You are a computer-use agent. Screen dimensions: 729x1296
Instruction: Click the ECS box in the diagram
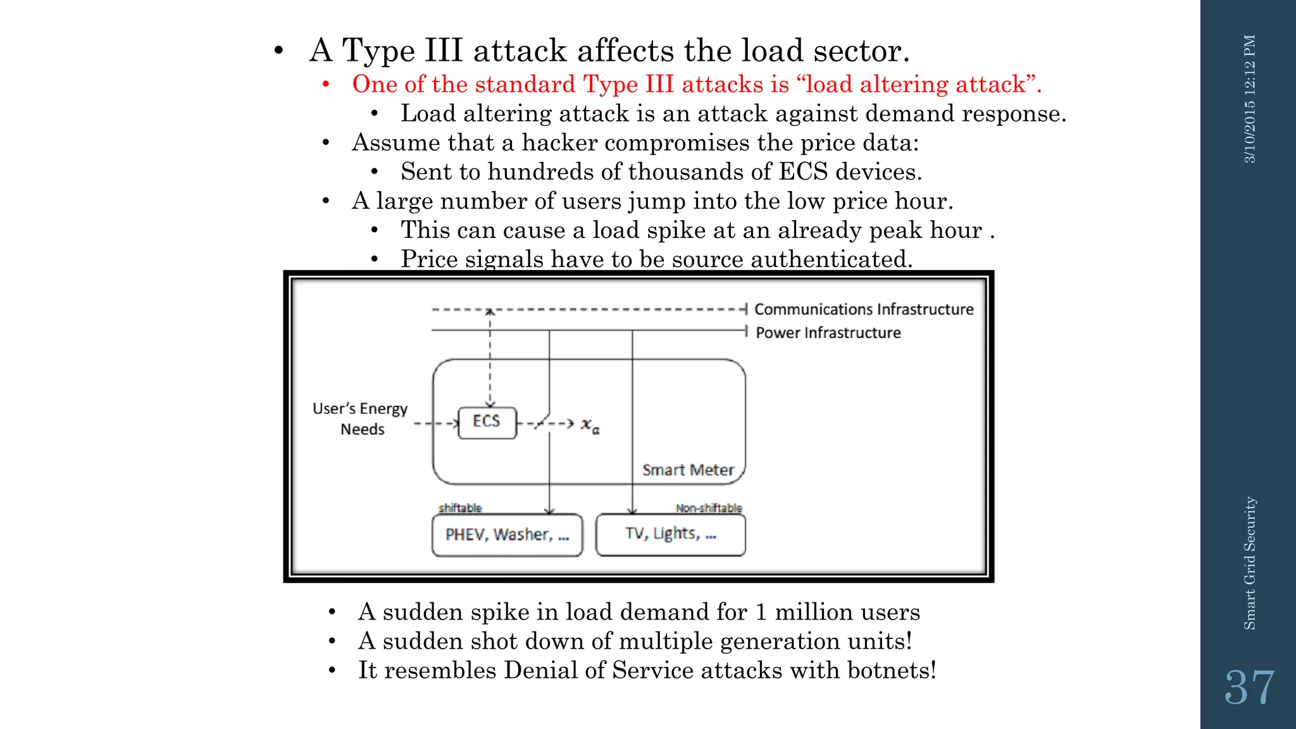point(487,422)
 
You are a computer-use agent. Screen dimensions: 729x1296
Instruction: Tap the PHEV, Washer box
point(507,535)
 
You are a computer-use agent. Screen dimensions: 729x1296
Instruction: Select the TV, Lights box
point(671,535)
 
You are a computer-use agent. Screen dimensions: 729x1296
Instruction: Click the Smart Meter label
point(688,470)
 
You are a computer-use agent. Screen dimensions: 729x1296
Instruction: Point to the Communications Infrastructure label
point(864,309)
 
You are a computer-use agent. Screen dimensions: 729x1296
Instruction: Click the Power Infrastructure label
point(828,333)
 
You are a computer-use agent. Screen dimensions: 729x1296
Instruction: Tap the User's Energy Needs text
point(361,419)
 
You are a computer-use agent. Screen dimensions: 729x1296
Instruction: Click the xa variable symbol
point(590,425)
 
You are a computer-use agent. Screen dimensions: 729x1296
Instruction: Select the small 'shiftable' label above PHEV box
point(460,508)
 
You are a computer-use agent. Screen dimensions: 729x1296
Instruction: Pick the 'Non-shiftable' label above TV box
point(708,508)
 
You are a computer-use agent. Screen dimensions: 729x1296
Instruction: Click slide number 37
point(1249,688)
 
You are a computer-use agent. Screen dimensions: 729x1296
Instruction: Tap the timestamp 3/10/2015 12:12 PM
point(1250,99)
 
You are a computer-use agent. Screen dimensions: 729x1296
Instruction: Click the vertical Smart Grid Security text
point(1250,563)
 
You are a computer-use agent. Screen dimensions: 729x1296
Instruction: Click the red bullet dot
point(326,84)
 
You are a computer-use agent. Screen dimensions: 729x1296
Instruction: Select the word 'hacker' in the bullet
point(559,143)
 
